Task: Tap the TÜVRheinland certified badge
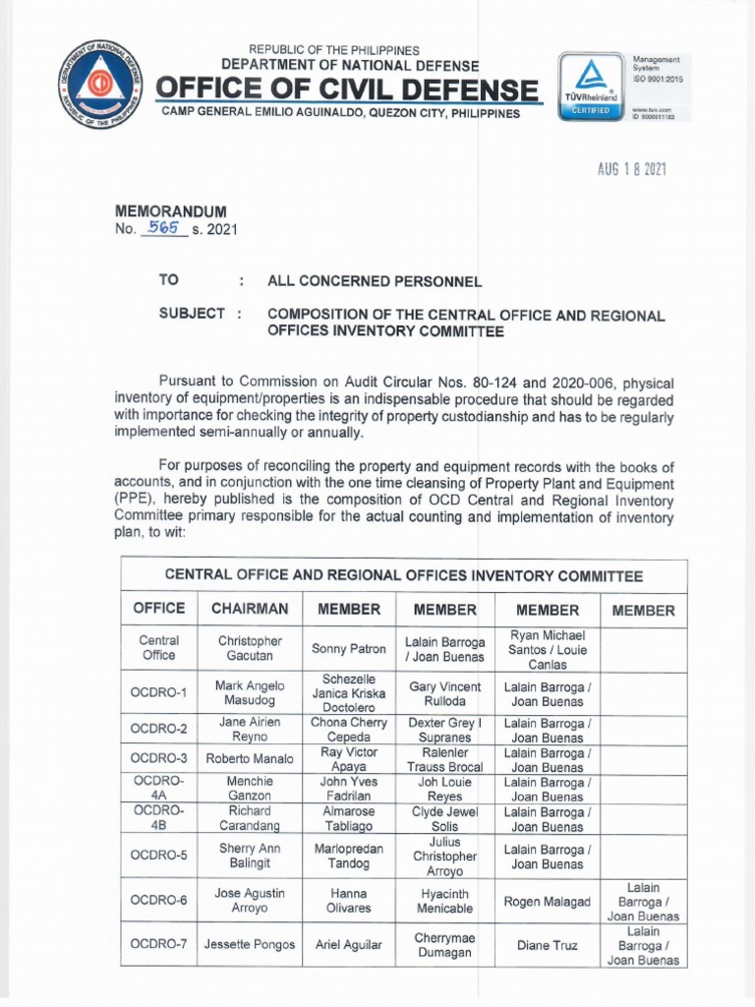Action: (590, 87)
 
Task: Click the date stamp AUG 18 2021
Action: (632, 169)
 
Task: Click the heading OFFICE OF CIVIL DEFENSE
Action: (348, 90)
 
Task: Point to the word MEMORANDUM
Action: (172, 211)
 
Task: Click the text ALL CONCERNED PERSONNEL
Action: (375, 281)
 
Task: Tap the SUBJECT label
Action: (192, 314)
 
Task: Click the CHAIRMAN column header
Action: (250, 609)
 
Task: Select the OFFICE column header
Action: (158, 609)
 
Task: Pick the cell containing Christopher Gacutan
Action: (250, 648)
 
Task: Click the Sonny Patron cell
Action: (348, 649)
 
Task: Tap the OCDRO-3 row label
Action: (158, 758)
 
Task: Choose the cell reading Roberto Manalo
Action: (250, 758)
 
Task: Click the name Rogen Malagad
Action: (548, 902)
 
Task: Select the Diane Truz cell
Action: (548, 945)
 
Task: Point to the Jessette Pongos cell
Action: (250, 945)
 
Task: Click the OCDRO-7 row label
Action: (158, 945)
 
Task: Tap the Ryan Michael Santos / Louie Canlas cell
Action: (548, 649)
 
